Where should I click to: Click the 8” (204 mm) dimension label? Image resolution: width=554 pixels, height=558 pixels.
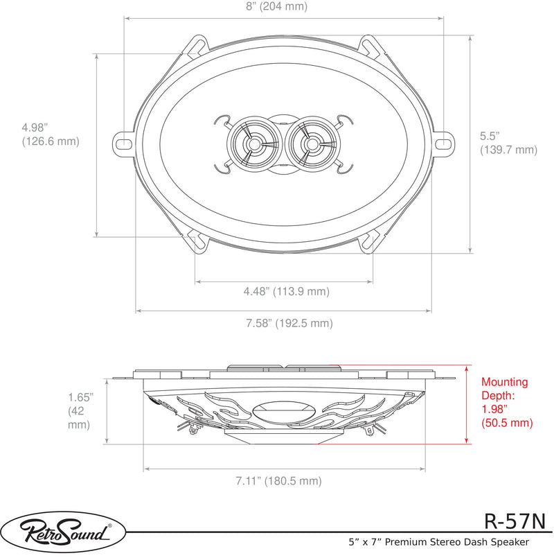276,6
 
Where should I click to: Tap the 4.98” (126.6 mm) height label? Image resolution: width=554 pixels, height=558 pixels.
51,134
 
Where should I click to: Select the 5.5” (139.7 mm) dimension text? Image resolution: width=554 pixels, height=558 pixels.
508,143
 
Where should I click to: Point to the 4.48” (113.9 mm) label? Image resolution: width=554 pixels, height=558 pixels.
286,291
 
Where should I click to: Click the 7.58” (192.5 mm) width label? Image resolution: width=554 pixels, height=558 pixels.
289,323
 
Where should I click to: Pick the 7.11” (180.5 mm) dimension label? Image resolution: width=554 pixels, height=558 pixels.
279,481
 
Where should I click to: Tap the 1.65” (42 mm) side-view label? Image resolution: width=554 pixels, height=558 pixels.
81,410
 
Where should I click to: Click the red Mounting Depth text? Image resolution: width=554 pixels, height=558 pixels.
507,402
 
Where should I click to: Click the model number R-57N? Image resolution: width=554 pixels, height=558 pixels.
515,521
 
